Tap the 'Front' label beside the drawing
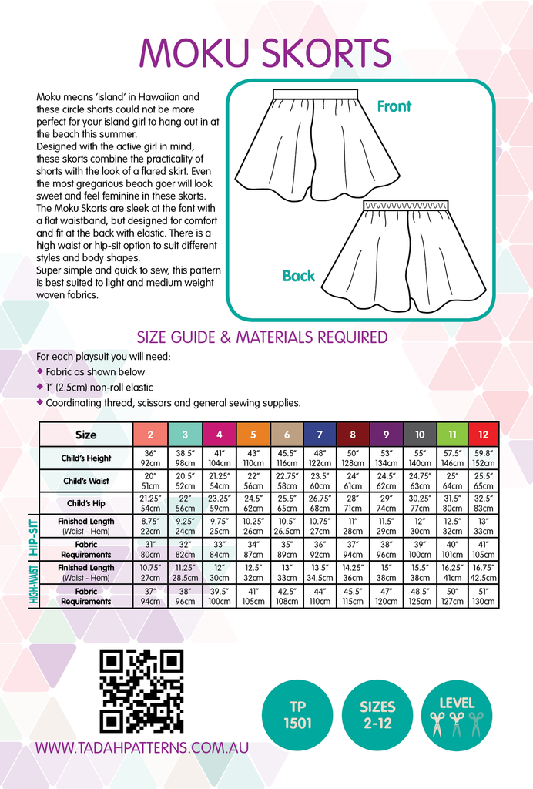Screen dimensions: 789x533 (394, 106)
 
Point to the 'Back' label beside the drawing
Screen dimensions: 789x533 (299, 275)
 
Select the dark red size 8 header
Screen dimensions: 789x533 (353, 435)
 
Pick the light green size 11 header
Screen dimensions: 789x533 (452, 435)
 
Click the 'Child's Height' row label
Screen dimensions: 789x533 (86, 458)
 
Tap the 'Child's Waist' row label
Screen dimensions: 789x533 (86, 482)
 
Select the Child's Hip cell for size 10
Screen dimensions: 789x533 (420, 504)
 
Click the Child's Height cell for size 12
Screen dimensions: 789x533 (484, 458)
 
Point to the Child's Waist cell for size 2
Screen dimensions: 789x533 (151, 482)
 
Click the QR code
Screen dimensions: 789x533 (142, 690)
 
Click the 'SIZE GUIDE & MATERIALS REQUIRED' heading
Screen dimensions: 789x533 (262, 337)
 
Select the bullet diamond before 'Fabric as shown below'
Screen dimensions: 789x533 (40, 371)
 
